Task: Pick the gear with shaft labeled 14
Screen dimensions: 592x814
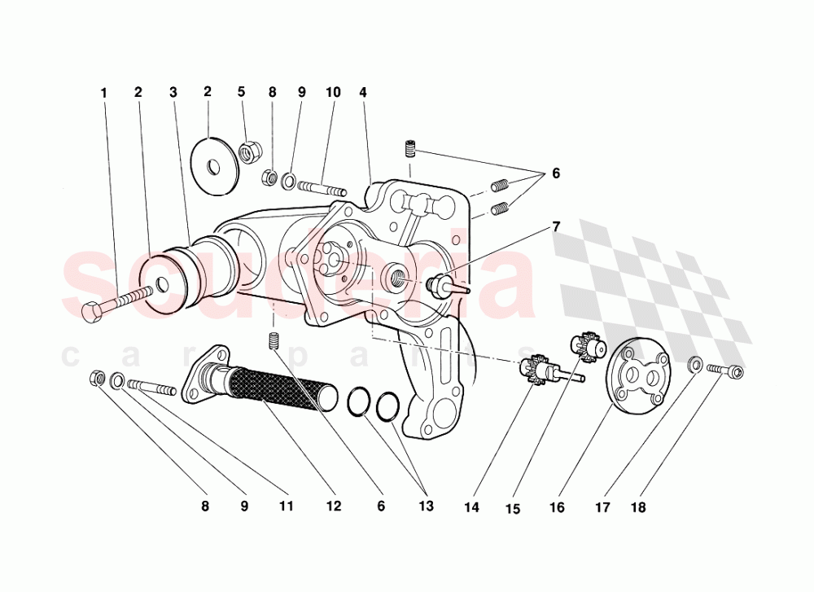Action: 537,371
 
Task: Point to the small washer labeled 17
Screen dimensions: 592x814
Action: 696,363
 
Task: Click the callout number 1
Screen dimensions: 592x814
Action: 103,93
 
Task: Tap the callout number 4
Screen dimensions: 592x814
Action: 363,93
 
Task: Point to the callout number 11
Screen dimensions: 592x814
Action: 286,506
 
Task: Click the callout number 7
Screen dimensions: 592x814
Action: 556,227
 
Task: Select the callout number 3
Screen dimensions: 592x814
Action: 173,93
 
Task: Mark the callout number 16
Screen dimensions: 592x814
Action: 556,507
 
